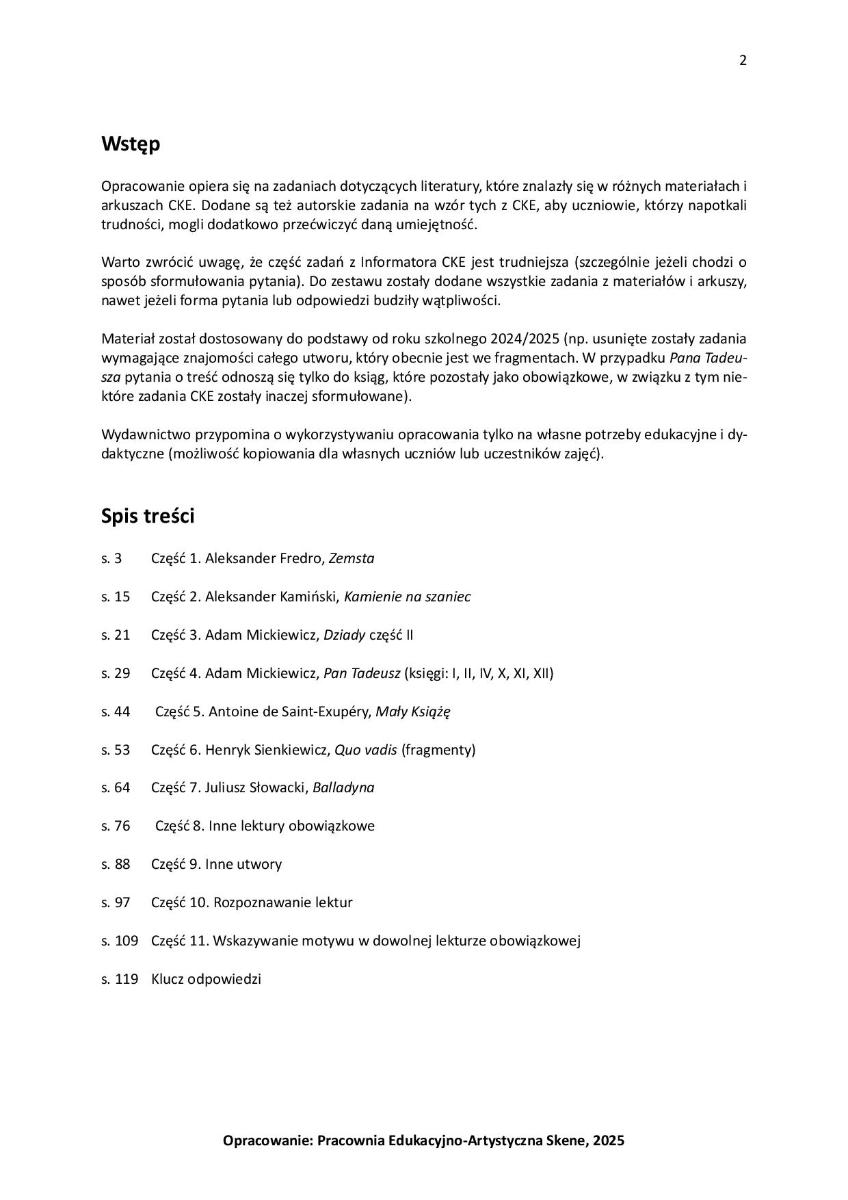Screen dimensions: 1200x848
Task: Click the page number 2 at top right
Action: click(x=743, y=60)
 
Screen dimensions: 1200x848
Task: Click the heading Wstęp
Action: click(x=131, y=144)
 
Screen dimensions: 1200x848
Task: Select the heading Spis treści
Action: click(x=148, y=516)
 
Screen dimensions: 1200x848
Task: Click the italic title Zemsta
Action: click(x=352, y=558)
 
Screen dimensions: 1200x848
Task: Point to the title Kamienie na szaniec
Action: click(x=407, y=597)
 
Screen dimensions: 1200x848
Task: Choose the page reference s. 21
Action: click(x=116, y=635)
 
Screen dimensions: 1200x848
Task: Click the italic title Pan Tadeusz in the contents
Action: click(x=362, y=673)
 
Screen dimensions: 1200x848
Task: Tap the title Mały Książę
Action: click(x=413, y=712)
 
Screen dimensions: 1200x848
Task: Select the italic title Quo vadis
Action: click(x=365, y=750)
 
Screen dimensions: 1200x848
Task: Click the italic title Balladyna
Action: click(x=343, y=788)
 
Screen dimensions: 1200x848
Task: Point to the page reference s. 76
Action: click(x=116, y=826)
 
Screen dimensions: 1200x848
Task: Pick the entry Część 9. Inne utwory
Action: click(x=216, y=864)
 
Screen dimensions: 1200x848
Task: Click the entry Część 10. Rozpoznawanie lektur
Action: click(x=252, y=902)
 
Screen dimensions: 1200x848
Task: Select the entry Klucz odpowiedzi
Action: click(x=206, y=979)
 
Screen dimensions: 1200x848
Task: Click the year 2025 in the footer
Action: click(x=609, y=1140)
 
